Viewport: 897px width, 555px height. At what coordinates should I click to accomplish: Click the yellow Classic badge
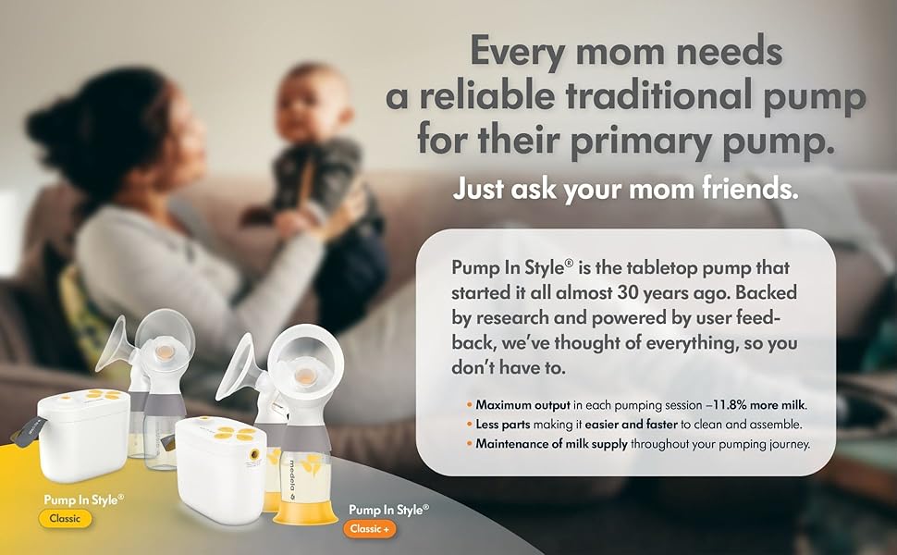pos(65,518)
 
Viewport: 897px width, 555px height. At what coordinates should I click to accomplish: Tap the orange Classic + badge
pos(370,529)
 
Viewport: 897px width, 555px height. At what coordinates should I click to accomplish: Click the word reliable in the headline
pos(486,95)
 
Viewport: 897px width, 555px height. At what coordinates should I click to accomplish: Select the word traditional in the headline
pos(657,95)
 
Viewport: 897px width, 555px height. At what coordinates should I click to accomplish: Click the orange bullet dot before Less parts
pos(469,425)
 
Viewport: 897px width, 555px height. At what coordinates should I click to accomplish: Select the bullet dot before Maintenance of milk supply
pos(469,444)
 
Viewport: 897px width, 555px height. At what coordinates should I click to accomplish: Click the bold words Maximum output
pos(522,405)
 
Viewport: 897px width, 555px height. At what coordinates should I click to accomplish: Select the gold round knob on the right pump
pos(254,455)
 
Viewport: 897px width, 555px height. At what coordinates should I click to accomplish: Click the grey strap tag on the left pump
pos(29,431)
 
